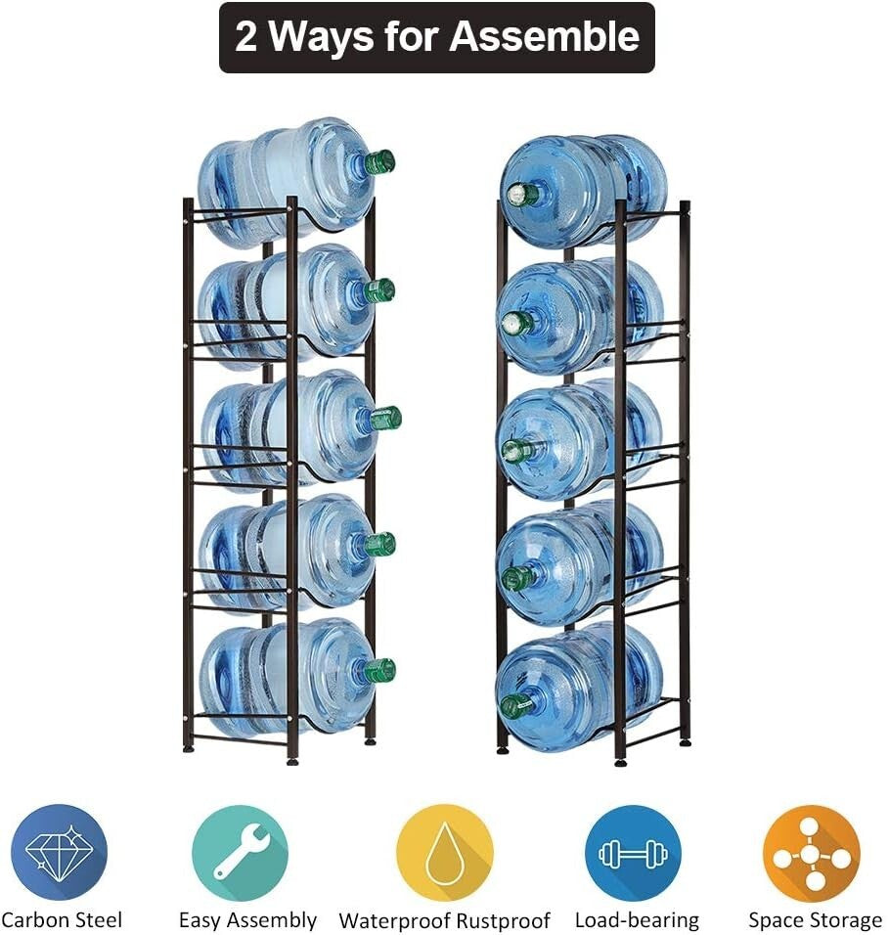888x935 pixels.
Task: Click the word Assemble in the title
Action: (x=545, y=37)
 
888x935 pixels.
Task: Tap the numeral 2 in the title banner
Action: (x=246, y=37)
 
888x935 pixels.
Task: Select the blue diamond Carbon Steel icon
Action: (x=59, y=852)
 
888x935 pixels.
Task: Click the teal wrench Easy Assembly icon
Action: (x=241, y=852)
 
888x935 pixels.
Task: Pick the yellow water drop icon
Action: (x=444, y=852)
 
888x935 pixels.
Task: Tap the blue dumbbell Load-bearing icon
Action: (x=632, y=852)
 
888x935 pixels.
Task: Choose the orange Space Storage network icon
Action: (x=812, y=852)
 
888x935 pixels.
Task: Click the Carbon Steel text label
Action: (x=62, y=920)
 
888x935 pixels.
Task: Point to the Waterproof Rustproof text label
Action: (x=444, y=921)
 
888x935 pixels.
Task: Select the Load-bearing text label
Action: (x=637, y=920)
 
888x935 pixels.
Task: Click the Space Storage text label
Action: (x=815, y=920)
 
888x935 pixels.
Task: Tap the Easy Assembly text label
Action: (x=247, y=920)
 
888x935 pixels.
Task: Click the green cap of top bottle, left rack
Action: (x=380, y=161)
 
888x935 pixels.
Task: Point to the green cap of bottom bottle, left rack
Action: (x=380, y=671)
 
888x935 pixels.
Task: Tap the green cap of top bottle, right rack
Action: (x=520, y=194)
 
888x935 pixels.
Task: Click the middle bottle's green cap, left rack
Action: (x=385, y=418)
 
